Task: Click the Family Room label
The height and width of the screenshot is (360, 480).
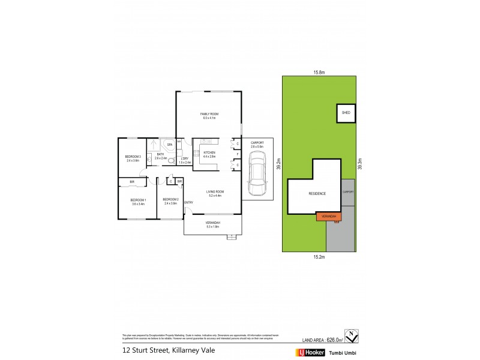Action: click(x=209, y=113)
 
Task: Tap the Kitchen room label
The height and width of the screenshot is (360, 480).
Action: click(x=209, y=152)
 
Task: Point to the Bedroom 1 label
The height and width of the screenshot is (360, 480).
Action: click(x=139, y=199)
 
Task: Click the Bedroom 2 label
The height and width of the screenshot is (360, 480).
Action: click(x=170, y=199)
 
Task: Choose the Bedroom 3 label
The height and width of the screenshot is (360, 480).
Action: click(x=133, y=157)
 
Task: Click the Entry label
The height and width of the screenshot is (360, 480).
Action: click(x=188, y=203)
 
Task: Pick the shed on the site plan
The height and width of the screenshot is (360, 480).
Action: click(x=346, y=113)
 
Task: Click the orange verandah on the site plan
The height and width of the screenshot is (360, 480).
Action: click(x=329, y=216)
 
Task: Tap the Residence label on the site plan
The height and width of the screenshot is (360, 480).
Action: click(x=317, y=194)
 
